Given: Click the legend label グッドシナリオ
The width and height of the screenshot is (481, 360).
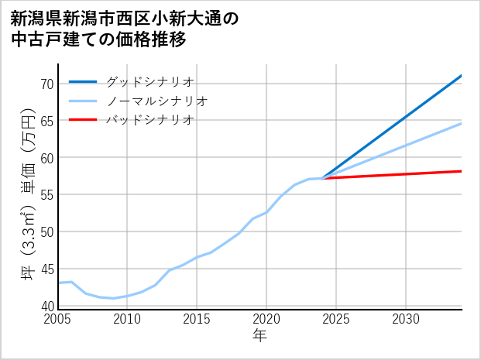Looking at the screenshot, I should (x=149, y=81).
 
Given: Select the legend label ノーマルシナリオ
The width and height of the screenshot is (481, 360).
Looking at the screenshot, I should (x=156, y=101).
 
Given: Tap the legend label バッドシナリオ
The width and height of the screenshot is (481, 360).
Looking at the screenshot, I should (x=149, y=120).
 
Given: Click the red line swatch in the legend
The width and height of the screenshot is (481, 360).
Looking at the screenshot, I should (x=84, y=120).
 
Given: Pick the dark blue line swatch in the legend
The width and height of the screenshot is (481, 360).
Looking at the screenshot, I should (x=84, y=81).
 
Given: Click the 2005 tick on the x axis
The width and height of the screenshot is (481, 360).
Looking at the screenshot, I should (x=58, y=319).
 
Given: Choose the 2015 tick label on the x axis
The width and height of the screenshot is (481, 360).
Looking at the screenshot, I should (x=197, y=319).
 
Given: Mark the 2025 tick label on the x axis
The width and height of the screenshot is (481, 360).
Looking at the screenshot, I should (x=336, y=319).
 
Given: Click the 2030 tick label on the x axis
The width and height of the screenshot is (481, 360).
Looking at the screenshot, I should (x=406, y=319).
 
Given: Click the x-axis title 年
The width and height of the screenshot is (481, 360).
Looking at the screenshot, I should (x=259, y=335).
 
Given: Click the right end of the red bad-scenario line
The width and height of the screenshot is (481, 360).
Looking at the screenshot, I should (x=462, y=171).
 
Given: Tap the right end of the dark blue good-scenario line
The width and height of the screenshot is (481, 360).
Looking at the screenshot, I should (x=462, y=75).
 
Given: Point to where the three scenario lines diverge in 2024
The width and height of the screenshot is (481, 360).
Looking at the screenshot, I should (x=322, y=178).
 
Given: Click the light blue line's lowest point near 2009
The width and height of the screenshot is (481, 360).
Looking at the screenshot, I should (x=113, y=298).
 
